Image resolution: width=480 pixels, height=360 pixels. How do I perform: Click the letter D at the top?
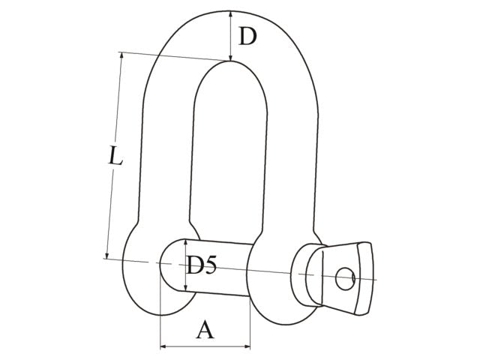pos(247,35)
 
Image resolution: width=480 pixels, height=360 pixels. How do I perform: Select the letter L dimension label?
pos(113,157)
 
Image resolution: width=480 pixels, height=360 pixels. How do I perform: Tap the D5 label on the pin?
pos(202,265)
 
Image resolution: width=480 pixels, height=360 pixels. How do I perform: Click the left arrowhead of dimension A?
pos(163,347)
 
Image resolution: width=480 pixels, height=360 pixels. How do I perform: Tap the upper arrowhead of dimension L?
pos(121,55)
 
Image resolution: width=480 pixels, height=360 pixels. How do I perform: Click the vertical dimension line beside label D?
pos(229,36)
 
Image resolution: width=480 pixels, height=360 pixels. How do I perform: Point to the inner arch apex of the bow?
pos(229,63)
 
